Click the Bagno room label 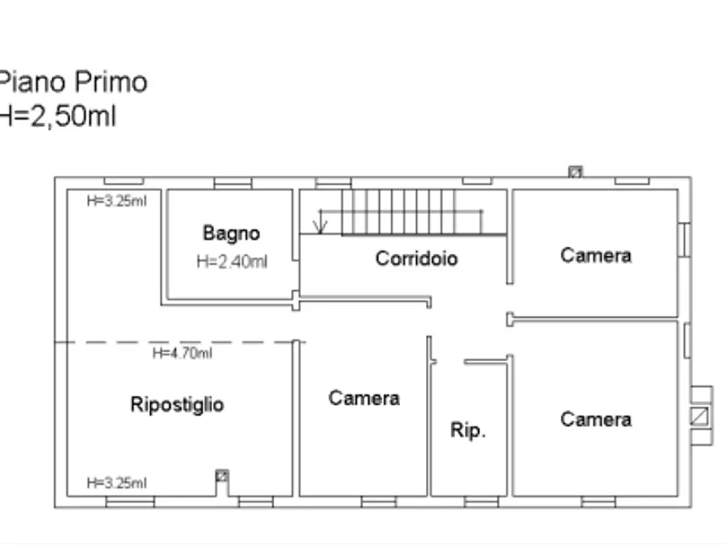[x=232, y=233]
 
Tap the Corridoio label [x=416, y=259]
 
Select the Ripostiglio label [x=177, y=404]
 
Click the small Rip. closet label [x=468, y=430]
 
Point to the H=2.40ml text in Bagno [x=232, y=262]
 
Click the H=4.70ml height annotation [x=183, y=353]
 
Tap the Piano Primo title [x=73, y=82]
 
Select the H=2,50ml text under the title [x=59, y=116]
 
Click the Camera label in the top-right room [x=596, y=255]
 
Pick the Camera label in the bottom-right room [x=596, y=420]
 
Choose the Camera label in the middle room [x=364, y=398]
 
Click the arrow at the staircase [x=321, y=221]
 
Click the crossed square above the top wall [x=576, y=172]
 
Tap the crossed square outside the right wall [x=698, y=416]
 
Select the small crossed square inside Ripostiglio [x=221, y=475]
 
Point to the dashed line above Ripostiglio [x=179, y=342]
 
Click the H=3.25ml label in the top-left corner [x=117, y=202]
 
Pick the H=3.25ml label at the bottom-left [x=117, y=483]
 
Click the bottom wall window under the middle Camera [x=378, y=502]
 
